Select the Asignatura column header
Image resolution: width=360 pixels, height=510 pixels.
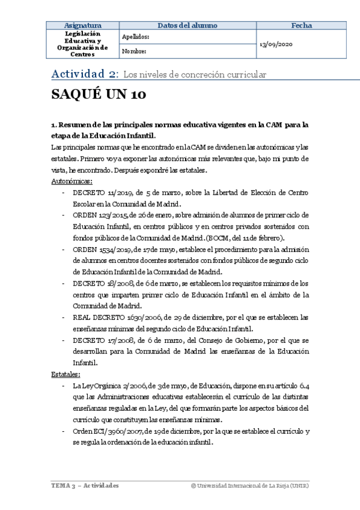point(82,25)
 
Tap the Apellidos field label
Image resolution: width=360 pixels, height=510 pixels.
point(135,37)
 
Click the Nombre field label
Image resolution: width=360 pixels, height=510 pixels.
point(133,52)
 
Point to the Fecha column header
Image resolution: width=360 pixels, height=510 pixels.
point(301,25)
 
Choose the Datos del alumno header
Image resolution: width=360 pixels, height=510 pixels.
point(188,25)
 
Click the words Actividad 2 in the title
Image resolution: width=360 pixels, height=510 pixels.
point(84,74)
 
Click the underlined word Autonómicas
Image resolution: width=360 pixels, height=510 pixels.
point(72,180)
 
